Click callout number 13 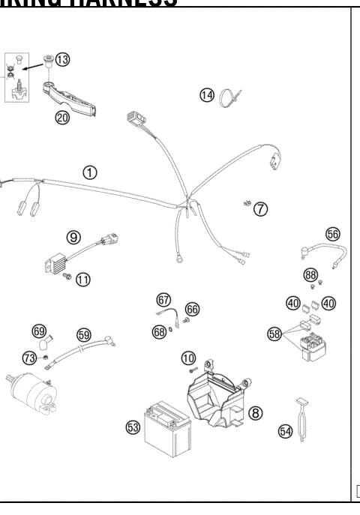coord(62,59)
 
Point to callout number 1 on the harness coord(90,172)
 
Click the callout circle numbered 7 coord(259,208)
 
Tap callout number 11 coord(82,280)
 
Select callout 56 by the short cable coord(332,235)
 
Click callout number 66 coord(192,309)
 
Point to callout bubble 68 coord(158,331)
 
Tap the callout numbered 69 coord(39,331)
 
